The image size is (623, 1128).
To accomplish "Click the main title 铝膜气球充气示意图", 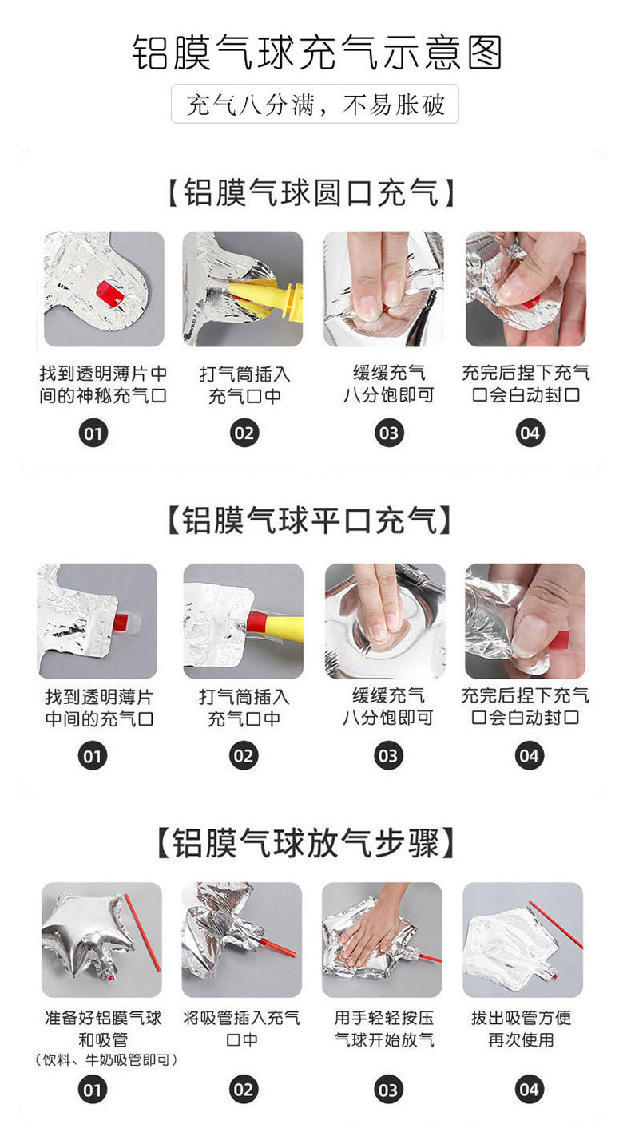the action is pyautogui.click(x=317, y=53).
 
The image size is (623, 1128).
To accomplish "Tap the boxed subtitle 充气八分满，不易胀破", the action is pyautogui.click(x=315, y=105).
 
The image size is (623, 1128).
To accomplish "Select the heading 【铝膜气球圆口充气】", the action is pyautogui.click(x=311, y=192).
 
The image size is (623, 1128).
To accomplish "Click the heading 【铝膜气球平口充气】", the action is pyautogui.click(x=309, y=520).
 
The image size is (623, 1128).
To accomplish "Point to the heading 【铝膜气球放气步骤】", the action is pyautogui.click(x=306, y=843).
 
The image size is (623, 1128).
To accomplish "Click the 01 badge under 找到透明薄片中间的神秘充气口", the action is pyautogui.click(x=93, y=433).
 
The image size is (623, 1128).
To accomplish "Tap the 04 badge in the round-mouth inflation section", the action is pyautogui.click(x=530, y=433).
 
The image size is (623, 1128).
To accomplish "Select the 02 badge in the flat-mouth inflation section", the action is pyautogui.click(x=244, y=756).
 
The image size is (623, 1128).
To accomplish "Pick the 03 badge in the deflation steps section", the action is pyautogui.click(x=388, y=1090).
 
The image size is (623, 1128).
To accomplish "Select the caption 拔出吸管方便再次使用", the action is pyautogui.click(x=522, y=1028).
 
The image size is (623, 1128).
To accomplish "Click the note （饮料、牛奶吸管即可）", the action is pyautogui.click(x=105, y=1059).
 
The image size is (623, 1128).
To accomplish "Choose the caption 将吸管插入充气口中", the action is pyautogui.click(x=242, y=1028).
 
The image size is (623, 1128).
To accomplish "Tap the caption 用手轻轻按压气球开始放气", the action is pyautogui.click(x=384, y=1028).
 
